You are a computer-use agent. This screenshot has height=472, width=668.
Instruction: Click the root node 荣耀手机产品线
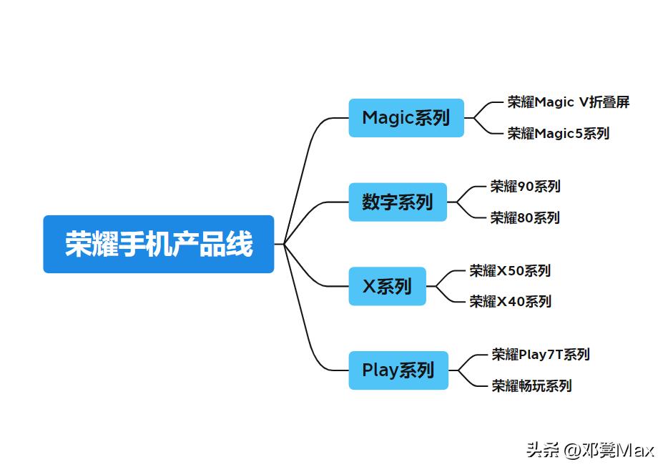[158, 244]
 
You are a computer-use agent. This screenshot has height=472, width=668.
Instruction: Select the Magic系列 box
[406, 118]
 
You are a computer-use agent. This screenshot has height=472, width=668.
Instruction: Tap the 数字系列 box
[398, 202]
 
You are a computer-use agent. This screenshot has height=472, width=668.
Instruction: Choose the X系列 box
[387, 286]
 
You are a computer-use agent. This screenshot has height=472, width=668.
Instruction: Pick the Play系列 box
[398, 370]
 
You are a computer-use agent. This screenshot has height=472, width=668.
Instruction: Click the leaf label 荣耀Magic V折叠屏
[569, 102]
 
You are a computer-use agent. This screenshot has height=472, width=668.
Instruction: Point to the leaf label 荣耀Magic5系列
[559, 133]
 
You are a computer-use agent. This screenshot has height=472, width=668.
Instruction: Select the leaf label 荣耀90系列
[525, 187]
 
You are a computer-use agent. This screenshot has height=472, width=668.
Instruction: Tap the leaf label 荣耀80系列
[525, 217]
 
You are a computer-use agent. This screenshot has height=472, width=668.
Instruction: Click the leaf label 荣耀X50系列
[510, 271]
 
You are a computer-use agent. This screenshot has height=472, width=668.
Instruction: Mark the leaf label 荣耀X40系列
[510, 301]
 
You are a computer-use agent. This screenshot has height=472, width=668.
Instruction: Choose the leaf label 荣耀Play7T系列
[541, 354]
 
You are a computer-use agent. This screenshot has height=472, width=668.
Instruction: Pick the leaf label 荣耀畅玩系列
[531, 385]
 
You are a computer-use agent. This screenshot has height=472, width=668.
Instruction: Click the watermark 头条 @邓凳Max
[591, 450]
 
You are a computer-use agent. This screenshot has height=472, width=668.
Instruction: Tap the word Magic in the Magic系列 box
[388, 118]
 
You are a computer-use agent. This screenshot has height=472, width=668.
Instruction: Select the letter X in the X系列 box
[369, 286]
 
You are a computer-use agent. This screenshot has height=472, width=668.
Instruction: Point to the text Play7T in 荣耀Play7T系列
[540, 354]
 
